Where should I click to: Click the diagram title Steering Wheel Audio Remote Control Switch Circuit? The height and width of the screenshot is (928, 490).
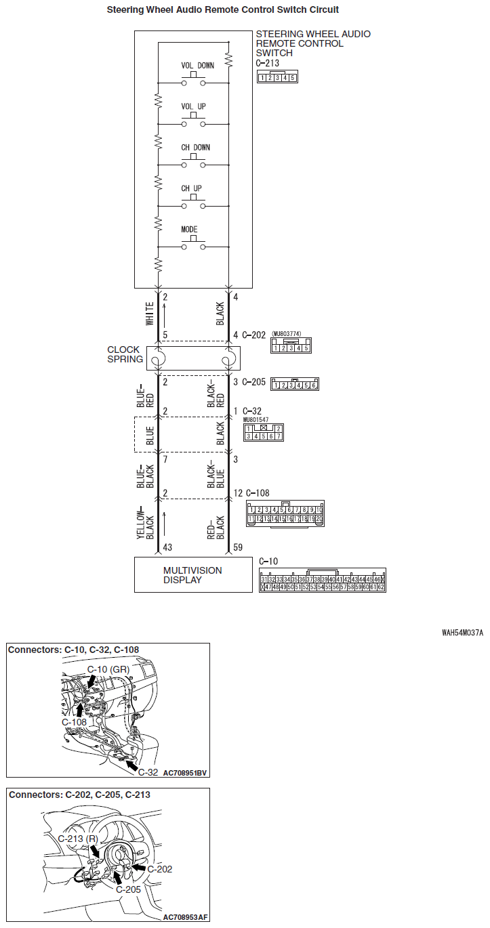coord(223,10)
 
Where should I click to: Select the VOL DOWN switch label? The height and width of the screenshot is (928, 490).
coord(198,66)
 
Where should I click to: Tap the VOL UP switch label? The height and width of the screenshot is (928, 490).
coord(193,107)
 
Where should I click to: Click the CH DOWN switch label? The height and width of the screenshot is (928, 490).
coord(195,148)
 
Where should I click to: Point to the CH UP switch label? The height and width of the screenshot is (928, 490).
coord(191,189)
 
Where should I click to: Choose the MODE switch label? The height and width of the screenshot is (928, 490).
coord(189,230)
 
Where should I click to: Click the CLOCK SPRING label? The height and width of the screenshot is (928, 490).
coord(125,355)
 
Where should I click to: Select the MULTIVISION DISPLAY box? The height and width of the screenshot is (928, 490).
coord(193,575)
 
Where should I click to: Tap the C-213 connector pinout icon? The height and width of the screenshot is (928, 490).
coord(277,77)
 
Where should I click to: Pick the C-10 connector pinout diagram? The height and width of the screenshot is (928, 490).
coord(323,581)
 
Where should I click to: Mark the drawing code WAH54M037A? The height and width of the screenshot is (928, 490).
coord(462,633)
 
